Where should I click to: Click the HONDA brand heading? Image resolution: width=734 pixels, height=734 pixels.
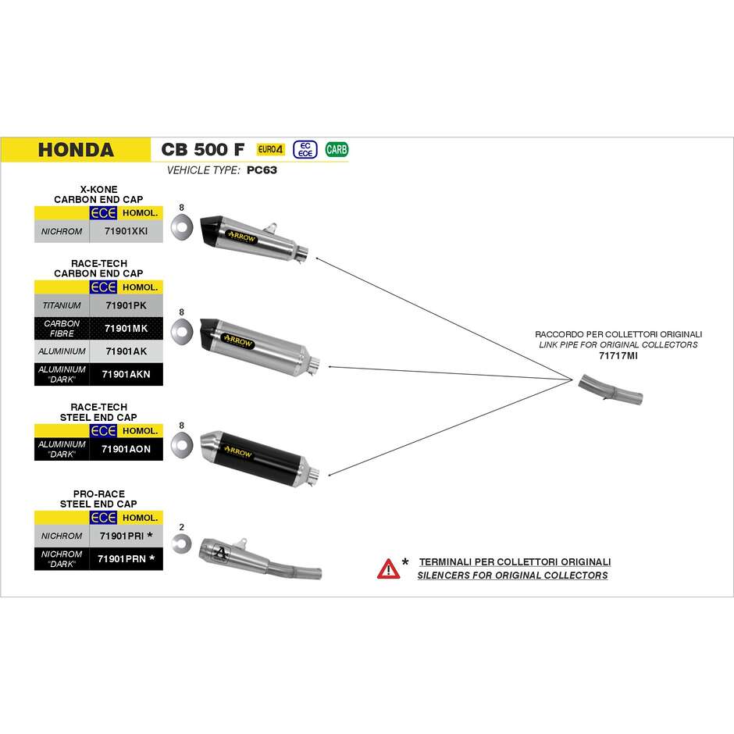tap(76, 150)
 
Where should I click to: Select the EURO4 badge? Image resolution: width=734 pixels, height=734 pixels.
tap(271, 149)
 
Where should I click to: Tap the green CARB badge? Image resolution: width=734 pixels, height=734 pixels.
tap(337, 149)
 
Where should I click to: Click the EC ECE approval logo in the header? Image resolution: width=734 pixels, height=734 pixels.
tap(305, 149)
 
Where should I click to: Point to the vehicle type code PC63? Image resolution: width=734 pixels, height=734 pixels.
tap(262, 170)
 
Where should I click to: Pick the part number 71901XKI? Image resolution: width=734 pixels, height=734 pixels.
tap(126, 231)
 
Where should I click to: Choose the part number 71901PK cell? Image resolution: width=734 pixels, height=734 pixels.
tap(126, 305)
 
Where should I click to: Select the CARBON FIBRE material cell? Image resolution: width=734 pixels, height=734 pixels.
tap(62, 328)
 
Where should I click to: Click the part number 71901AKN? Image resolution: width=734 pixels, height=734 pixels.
tap(126, 374)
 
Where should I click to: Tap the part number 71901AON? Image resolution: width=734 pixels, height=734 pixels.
tap(126, 449)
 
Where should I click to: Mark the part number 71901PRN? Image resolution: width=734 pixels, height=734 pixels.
tap(122, 558)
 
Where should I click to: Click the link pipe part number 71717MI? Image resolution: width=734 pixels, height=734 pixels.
tap(618, 356)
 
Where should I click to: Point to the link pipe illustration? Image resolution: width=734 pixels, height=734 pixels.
tap(611, 390)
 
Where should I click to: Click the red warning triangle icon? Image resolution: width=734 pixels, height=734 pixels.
tap(389, 568)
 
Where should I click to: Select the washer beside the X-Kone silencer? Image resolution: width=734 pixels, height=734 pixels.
tap(182, 227)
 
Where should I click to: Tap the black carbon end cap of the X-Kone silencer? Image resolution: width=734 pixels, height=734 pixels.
tap(211, 230)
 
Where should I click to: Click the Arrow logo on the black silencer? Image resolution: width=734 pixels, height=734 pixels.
tap(238, 452)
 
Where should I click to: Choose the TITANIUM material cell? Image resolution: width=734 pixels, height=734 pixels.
tap(62, 305)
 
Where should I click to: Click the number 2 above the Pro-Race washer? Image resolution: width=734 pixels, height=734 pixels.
tap(182, 527)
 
